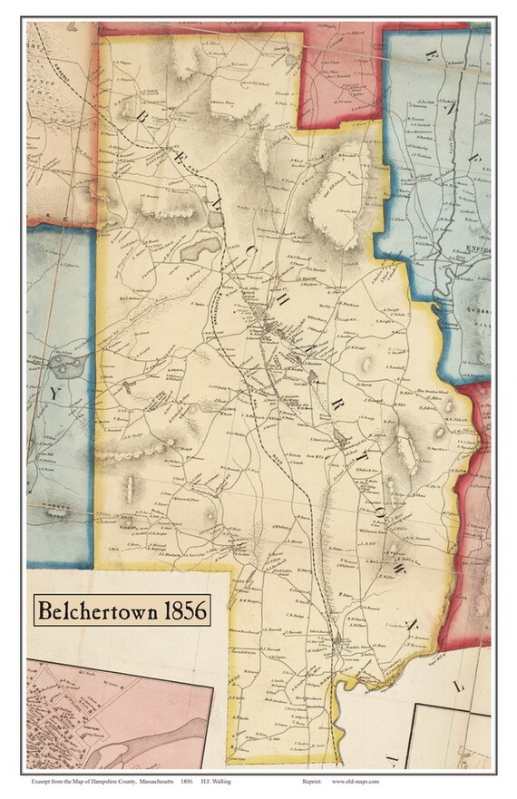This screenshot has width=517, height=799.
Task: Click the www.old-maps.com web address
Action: coord(356,780)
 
